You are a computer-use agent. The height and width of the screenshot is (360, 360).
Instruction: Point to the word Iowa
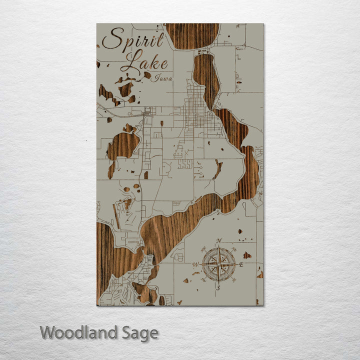[163, 78]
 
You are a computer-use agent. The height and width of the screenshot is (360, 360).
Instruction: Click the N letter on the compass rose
[219, 241]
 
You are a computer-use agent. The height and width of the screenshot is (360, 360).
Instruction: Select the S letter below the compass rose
[218, 288]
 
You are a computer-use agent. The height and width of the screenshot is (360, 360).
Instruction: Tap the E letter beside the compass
[241, 264]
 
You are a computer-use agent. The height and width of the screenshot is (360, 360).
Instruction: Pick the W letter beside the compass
[196, 264]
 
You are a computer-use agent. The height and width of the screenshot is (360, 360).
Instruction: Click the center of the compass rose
[218, 264]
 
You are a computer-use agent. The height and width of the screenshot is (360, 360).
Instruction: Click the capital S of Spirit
[112, 39]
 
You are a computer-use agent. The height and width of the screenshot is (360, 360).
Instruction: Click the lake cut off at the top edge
[192, 35]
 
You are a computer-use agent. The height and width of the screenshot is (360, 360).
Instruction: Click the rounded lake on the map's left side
[122, 145]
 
